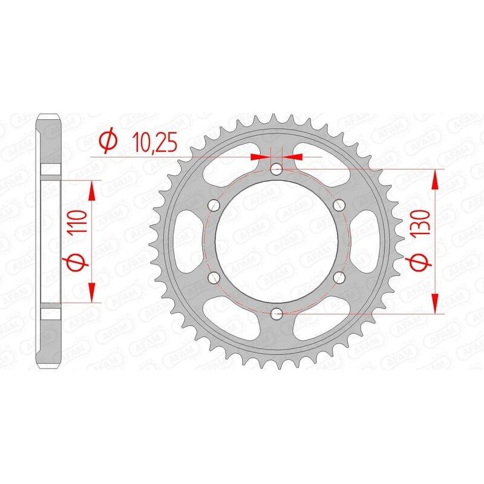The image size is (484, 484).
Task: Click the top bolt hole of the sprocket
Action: click(276, 169)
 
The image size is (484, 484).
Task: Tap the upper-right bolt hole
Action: click(339, 204)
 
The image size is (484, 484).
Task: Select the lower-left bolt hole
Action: click(213, 277)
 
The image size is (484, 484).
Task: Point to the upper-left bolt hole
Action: click(213, 204)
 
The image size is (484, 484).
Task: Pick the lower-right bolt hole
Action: click(339, 277)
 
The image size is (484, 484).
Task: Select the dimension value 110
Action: click(76, 226)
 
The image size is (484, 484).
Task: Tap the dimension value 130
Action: click(422, 226)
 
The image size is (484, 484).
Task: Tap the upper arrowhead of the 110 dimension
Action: click(92, 190)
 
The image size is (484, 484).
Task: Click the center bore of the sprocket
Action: click(276, 241)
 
